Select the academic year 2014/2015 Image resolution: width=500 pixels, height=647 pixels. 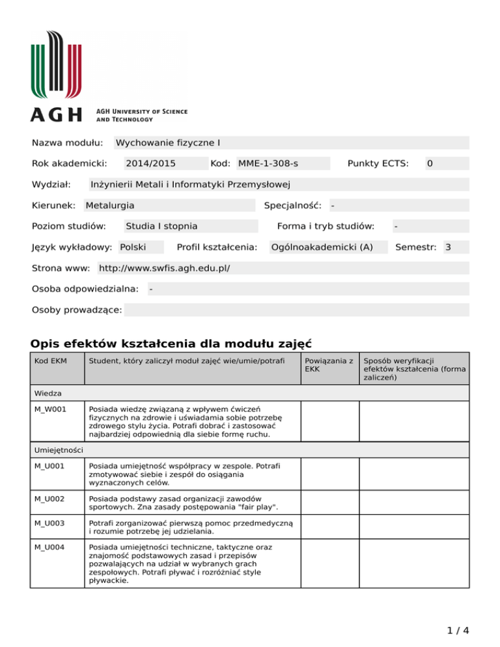click(150, 163)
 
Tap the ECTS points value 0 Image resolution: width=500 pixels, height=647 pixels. click(430, 163)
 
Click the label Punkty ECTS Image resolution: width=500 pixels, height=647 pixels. click(378, 163)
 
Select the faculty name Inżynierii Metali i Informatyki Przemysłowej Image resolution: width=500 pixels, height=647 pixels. click(190, 184)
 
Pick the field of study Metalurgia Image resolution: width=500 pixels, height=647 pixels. click(110, 205)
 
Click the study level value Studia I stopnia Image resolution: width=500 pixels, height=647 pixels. click(161, 226)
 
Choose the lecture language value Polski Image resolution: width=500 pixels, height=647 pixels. click(133, 247)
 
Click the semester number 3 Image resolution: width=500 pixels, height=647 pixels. click(448, 247)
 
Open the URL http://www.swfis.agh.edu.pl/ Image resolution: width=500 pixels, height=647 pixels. click(164, 268)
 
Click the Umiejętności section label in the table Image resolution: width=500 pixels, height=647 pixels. click(59, 450)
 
